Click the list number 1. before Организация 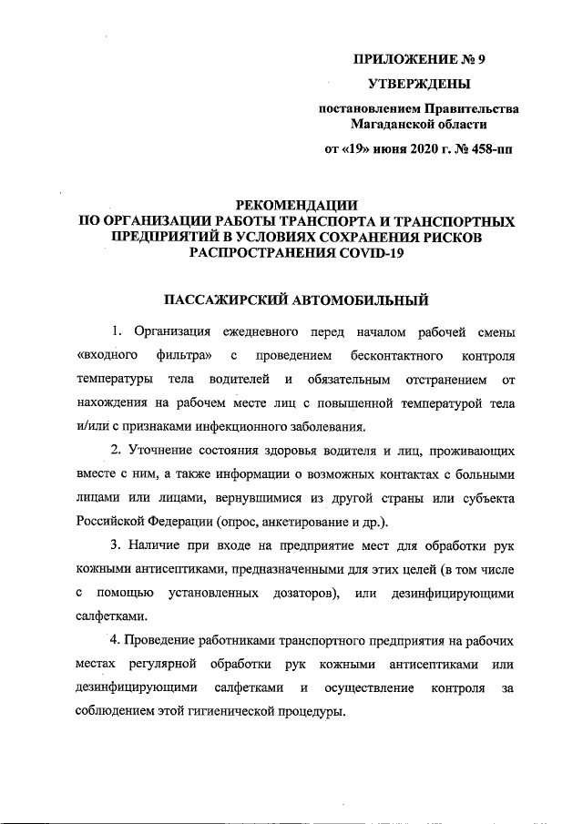[x=116, y=329]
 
